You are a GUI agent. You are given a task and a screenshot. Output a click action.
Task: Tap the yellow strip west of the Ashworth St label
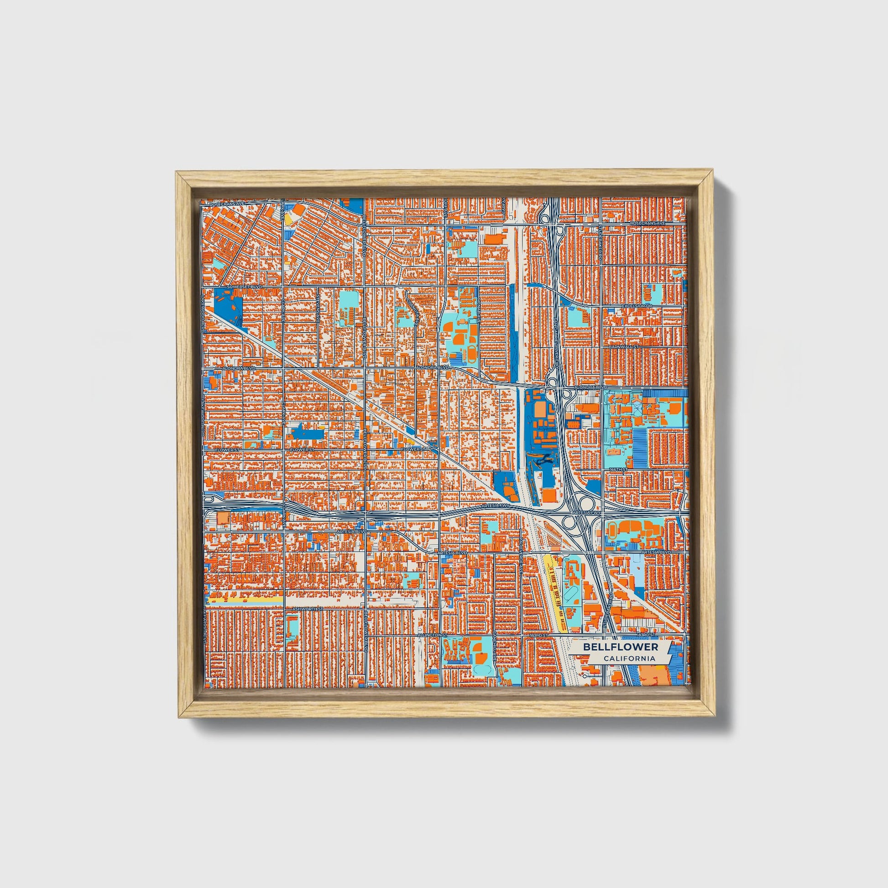pos(244,600)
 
